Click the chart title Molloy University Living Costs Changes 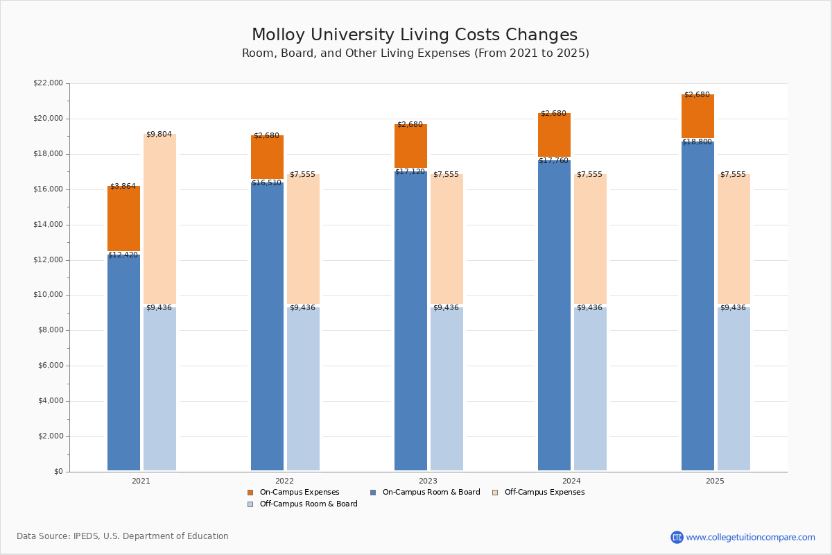click(415, 35)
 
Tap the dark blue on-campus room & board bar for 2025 click(697, 305)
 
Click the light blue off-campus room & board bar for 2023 click(447, 388)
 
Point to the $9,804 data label click(159, 135)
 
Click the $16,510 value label click(266, 183)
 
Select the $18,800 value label click(697, 142)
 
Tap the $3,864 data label click(123, 187)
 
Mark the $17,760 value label click(553, 161)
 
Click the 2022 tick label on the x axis click(284, 481)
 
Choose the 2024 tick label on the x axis click(571, 481)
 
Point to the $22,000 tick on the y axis click(48, 83)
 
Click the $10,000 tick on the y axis click(48, 295)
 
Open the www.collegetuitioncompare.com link click(750, 537)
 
